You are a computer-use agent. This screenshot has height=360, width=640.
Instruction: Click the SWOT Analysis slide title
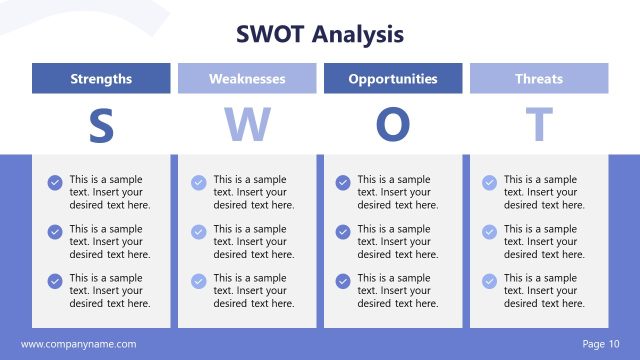(320, 35)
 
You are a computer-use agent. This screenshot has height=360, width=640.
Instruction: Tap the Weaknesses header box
(247, 79)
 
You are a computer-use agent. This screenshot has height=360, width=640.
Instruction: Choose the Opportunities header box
(393, 79)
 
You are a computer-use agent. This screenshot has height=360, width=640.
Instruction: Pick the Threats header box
(539, 79)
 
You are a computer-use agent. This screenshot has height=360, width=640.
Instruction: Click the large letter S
(101, 125)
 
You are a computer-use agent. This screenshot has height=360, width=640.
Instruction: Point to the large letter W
(247, 125)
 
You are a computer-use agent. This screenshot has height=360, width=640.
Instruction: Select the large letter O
(393, 125)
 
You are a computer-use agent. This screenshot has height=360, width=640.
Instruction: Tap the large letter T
(539, 125)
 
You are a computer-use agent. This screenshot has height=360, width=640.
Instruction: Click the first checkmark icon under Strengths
(55, 183)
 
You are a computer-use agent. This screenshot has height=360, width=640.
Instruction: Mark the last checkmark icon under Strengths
(55, 281)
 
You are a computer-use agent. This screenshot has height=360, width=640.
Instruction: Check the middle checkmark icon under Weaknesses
(199, 232)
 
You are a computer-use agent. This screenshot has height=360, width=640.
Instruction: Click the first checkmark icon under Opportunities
(343, 183)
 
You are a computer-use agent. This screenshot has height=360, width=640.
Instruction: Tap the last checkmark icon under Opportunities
(343, 281)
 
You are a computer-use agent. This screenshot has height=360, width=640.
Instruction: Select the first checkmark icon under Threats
(489, 183)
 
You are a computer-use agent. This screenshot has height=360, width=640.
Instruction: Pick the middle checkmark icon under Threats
(489, 232)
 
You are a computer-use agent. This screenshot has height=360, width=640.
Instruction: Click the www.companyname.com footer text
(78, 344)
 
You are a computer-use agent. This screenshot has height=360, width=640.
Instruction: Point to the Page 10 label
(600, 344)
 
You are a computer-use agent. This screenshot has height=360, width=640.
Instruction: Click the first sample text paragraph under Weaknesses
(253, 192)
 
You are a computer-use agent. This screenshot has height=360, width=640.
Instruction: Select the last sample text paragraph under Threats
(543, 290)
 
